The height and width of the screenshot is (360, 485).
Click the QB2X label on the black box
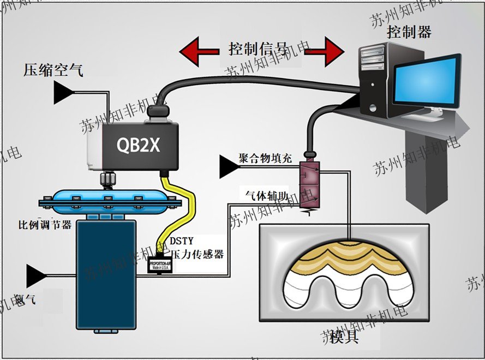[x=138, y=145]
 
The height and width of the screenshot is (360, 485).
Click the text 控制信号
[x=258, y=49]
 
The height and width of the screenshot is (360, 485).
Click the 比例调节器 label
[x=45, y=225]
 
